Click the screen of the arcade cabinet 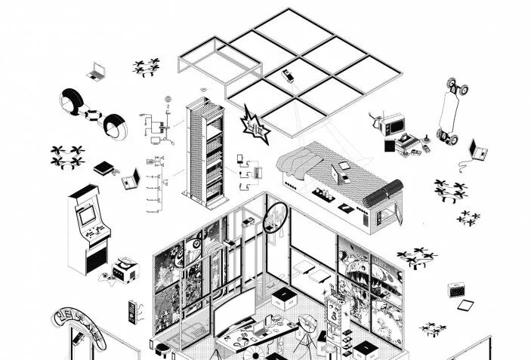(88, 214)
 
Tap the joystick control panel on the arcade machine (93, 231)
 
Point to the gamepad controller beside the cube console (108, 278)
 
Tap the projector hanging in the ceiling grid (287, 75)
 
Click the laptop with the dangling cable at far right (477, 151)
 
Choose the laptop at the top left (97, 71)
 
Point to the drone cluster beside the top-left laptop (146, 68)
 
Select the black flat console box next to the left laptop (103, 169)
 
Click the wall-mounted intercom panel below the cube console (133, 311)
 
